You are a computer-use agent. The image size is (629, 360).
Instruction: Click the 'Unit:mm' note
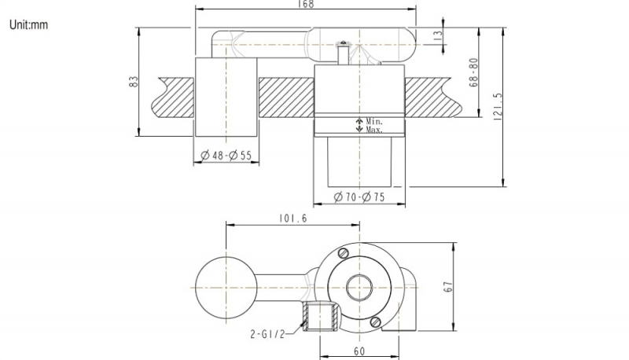[x=29, y=25]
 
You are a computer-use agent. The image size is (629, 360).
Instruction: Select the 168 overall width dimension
[x=307, y=5]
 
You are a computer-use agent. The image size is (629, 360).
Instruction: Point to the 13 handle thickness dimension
[x=438, y=34]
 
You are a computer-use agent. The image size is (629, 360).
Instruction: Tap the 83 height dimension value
[x=134, y=82]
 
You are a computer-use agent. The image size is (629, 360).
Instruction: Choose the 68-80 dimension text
[x=473, y=72]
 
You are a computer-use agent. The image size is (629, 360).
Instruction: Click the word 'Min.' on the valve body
[x=373, y=122]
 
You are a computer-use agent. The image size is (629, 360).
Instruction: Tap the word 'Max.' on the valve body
[x=373, y=130]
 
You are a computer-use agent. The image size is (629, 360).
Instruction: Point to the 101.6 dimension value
[x=292, y=219]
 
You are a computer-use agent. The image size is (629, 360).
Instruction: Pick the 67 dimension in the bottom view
[x=448, y=286]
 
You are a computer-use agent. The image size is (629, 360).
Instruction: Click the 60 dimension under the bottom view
[x=359, y=351]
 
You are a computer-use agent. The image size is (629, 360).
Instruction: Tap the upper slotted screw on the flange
[x=342, y=254]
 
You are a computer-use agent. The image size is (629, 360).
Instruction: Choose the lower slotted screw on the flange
[x=376, y=320]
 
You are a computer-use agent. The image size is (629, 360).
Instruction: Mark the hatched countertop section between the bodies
[x=286, y=97]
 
